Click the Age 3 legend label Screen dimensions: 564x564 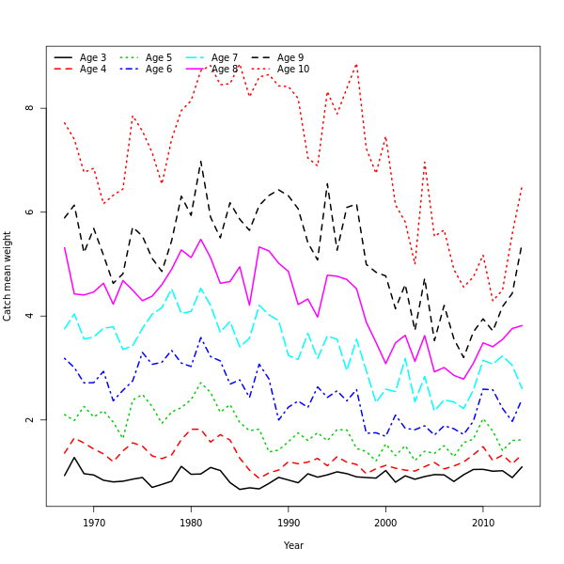(93, 58)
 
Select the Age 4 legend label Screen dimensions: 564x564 (93, 70)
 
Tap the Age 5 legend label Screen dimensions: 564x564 (159, 58)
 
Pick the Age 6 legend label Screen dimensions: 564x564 (159, 70)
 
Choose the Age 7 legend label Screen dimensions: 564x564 (225, 58)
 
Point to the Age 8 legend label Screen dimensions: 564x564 (225, 70)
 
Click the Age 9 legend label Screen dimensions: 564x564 (290, 58)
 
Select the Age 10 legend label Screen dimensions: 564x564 (293, 70)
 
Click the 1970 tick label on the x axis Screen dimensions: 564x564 (94, 523)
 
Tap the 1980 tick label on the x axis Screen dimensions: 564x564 (191, 523)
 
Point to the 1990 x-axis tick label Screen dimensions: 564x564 (289, 523)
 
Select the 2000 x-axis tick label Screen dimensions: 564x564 (385, 523)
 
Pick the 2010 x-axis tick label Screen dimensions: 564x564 (483, 523)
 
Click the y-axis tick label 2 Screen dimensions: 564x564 (30, 419)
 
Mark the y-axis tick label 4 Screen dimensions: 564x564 (30, 316)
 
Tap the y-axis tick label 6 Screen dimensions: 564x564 (30, 211)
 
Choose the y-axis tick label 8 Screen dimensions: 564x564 (30, 108)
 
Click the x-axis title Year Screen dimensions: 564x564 (293, 545)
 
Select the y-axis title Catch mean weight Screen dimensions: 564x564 (8, 276)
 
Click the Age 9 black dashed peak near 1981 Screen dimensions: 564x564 (200, 161)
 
